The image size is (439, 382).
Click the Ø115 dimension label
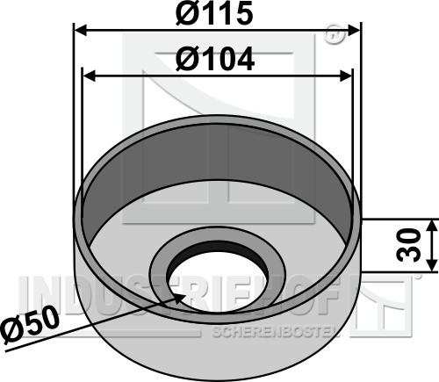(214, 13)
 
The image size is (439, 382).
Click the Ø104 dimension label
(215, 59)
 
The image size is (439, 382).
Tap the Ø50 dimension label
(29, 323)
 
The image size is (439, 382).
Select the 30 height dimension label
(409, 245)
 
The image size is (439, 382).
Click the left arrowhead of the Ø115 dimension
(80, 30)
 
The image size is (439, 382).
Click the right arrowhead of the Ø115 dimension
(354, 30)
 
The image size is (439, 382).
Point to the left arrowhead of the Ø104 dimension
(90, 77)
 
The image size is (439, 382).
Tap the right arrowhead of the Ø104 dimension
(345, 77)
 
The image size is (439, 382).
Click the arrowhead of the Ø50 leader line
(179, 299)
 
